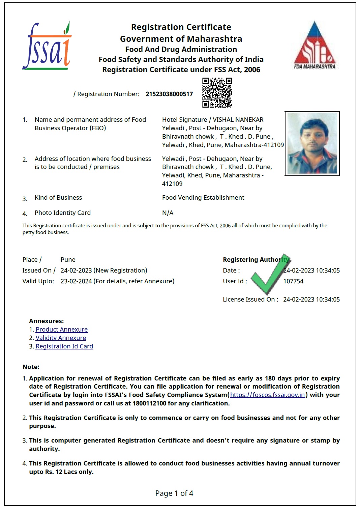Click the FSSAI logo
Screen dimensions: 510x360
(47, 47)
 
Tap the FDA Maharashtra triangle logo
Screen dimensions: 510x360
(314, 46)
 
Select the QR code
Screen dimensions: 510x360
(217, 92)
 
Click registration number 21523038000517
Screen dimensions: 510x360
(169, 94)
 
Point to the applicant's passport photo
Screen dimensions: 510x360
(312, 143)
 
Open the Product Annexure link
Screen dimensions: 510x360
(62, 330)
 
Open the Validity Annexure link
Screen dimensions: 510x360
(61, 338)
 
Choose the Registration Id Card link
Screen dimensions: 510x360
(64, 346)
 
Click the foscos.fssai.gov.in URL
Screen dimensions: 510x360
(268, 395)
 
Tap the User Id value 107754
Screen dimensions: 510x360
(293, 281)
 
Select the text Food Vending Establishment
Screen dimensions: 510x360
(203, 198)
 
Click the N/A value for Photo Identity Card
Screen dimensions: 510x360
(168, 213)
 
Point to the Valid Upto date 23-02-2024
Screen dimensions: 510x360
(76, 281)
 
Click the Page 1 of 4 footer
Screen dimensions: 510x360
(174, 493)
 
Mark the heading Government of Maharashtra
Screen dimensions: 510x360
(181, 39)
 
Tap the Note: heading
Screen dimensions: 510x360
(31, 367)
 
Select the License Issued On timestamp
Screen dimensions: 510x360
(311, 300)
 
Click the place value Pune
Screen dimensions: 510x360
(68, 260)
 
